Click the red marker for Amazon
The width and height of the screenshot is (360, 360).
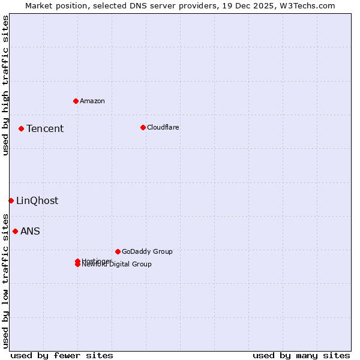[x=76, y=101]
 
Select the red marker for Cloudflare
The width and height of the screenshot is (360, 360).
[x=143, y=127]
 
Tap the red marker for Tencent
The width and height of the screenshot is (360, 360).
[x=21, y=128]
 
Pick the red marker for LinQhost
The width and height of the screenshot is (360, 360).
[x=11, y=200]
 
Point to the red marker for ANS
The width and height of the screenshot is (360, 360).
[x=15, y=231]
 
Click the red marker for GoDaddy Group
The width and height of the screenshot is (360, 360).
[x=118, y=251]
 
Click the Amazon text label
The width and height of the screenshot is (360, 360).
[x=92, y=101]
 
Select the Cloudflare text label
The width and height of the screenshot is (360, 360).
[x=163, y=127]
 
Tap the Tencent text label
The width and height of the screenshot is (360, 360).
[x=45, y=128]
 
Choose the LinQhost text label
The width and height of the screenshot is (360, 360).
[x=37, y=200]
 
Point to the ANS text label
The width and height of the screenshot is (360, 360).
[x=30, y=231]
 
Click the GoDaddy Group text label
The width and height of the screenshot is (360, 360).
[x=147, y=251]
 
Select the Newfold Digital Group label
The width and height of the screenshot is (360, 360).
[x=117, y=265]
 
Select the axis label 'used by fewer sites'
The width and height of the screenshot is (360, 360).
[x=62, y=355]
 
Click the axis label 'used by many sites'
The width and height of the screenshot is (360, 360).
[x=301, y=355]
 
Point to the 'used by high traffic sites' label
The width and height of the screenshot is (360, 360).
[x=5, y=85]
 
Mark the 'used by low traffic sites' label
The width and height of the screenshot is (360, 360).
[x=5, y=281]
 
